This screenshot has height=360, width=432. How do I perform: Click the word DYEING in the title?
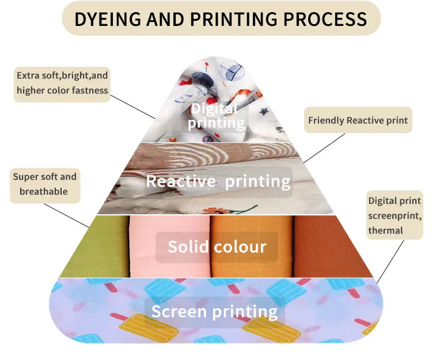point(107,19)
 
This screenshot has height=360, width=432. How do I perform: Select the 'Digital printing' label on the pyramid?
point(213,115)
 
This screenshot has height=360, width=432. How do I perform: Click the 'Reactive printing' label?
point(218,181)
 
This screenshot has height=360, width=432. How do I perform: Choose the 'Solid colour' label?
point(217,247)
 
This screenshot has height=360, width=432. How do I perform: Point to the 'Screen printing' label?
point(214,312)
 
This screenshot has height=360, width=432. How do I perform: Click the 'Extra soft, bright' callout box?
point(62,83)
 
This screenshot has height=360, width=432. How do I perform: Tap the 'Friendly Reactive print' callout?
point(358,120)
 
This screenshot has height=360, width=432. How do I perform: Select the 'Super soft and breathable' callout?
point(44,184)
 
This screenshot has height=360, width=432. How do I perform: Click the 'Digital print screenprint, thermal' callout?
point(395,215)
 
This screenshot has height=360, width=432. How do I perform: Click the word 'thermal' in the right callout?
point(386,230)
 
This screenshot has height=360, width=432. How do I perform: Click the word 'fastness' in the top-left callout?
point(89,90)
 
